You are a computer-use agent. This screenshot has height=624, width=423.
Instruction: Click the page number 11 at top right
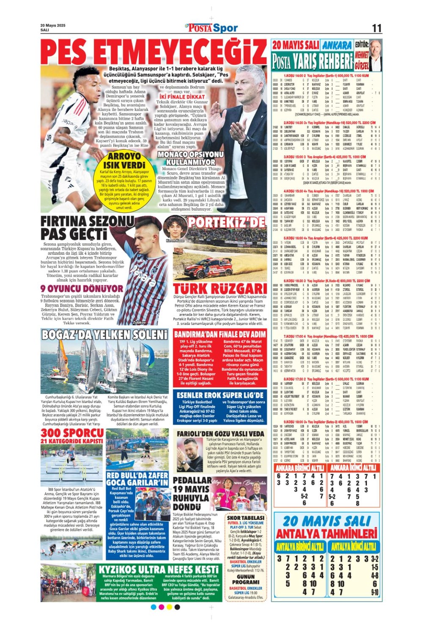(376, 28)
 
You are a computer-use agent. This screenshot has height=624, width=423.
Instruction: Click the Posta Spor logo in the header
(212, 28)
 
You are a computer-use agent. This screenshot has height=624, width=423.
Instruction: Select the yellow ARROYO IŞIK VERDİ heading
(124, 160)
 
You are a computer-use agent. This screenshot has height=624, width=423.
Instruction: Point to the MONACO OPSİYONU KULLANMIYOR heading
(190, 158)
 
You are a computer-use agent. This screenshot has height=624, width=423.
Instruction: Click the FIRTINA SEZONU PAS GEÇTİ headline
(87, 228)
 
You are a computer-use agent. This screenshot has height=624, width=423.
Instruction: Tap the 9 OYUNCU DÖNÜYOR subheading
(82, 289)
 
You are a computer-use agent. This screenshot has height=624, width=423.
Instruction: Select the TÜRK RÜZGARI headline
(220, 289)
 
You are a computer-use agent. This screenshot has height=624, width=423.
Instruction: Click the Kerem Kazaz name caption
(175, 240)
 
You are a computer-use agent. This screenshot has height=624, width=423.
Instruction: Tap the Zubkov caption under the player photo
(151, 322)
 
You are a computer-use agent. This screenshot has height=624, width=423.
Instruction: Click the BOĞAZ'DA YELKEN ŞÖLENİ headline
(104, 335)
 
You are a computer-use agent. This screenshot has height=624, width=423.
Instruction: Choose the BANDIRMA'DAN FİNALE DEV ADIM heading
(220, 335)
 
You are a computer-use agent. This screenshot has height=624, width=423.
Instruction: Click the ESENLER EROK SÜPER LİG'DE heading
(220, 395)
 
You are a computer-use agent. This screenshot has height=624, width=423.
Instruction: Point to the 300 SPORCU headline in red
(72, 433)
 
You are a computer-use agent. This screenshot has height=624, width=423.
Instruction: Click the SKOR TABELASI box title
(246, 518)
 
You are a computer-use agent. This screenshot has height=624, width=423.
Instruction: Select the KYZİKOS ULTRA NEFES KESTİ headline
(159, 570)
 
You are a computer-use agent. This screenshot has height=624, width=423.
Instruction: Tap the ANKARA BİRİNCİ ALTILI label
(299, 468)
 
